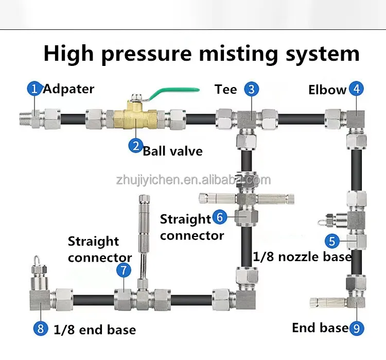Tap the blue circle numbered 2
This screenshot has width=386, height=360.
135,146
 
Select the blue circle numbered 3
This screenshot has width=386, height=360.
251,89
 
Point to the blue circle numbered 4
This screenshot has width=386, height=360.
356,89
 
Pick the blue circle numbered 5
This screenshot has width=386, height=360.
332,241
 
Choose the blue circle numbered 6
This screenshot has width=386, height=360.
220,217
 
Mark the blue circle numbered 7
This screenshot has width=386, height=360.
123,269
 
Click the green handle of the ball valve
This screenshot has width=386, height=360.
175,92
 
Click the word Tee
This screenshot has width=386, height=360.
226,90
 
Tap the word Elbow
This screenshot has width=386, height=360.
327,90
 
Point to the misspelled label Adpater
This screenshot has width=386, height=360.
68,89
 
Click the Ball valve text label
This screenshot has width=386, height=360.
172,151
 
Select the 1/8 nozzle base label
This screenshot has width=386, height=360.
302,256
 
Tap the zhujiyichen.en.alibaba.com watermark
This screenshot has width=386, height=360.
193,180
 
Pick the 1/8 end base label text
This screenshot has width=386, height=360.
95,330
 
